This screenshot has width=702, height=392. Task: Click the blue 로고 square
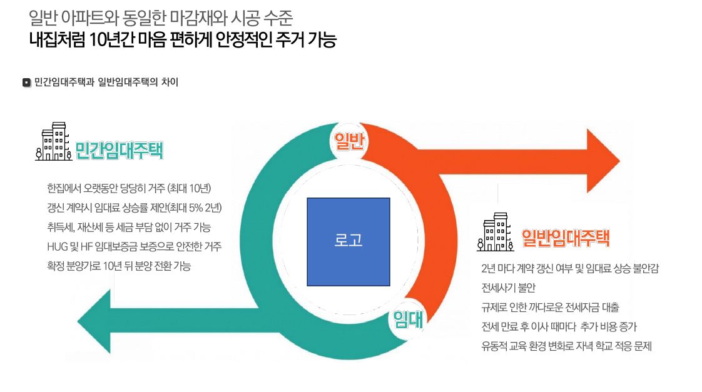coord(348,241)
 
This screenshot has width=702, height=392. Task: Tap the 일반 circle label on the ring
coord(348,141)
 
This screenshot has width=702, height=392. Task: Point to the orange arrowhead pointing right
coord(601,161)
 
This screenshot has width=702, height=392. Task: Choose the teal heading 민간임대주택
coord(119,151)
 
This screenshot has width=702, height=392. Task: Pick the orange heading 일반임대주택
coord(566,238)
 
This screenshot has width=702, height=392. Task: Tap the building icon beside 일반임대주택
coord(496,232)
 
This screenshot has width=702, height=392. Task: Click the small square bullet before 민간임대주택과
coord(26,83)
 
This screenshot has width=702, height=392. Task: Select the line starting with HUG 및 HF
coord(134,246)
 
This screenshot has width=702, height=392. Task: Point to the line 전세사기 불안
coord(509,288)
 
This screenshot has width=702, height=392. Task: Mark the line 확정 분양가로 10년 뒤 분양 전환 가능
coord(119,266)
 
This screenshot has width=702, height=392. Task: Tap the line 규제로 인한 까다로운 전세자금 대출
coord(550,307)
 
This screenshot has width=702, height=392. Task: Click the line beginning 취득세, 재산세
coord(129,227)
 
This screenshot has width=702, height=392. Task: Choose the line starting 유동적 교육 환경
coord(566,346)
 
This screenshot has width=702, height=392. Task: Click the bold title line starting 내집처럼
coord(183,41)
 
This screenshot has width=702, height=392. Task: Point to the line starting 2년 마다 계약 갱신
coord(570,268)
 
